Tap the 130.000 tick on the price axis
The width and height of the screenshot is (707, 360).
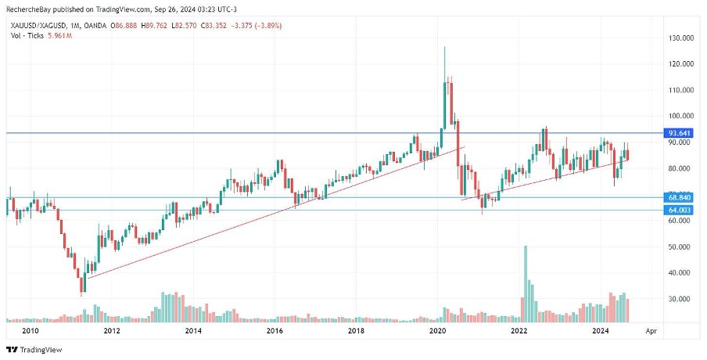pos(677,38)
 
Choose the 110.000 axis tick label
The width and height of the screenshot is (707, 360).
pos(677,90)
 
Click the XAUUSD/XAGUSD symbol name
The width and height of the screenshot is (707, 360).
pos(34,26)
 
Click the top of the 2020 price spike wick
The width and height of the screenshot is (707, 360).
pos(444,47)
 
